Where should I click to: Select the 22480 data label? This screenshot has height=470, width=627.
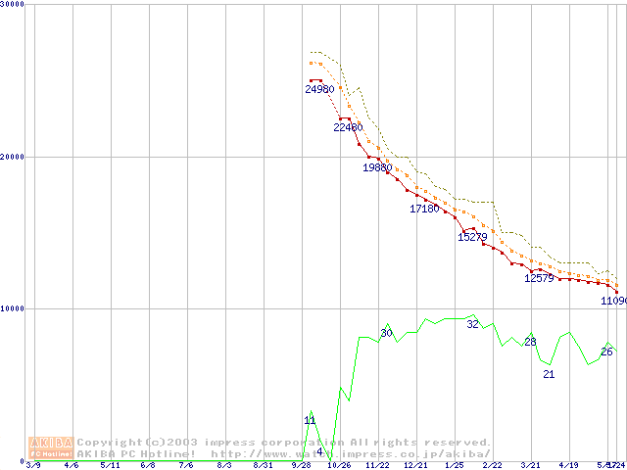click(x=348, y=127)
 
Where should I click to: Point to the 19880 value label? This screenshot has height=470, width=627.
click(x=377, y=167)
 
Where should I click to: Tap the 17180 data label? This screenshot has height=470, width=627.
click(x=424, y=209)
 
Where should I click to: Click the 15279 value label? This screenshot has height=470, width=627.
click(x=472, y=237)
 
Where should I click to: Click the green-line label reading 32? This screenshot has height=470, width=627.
click(x=472, y=324)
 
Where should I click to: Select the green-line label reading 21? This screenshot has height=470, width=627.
click(x=549, y=374)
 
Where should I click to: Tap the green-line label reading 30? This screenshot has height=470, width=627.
click(x=386, y=334)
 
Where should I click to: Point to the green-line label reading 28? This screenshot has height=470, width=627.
click(x=530, y=342)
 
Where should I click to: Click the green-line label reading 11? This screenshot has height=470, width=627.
click(x=310, y=421)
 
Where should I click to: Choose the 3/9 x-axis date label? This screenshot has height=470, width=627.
click(x=33, y=466)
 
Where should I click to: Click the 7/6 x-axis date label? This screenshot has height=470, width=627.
click(x=186, y=466)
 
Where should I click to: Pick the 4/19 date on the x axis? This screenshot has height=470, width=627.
click(x=568, y=466)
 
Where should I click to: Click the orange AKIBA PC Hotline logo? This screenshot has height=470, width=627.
click(x=52, y=447)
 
